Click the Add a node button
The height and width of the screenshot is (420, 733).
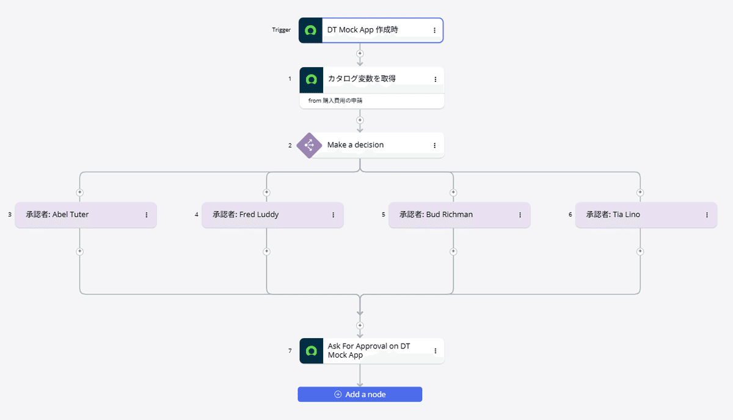[x=360, y=394]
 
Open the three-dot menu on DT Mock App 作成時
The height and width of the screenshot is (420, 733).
[x=434, y=30]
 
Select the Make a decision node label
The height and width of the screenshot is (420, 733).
[x=356, y=145]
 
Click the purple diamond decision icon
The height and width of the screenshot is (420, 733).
[x=309, y=146]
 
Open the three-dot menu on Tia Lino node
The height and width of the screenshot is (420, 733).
[x=707, y=215]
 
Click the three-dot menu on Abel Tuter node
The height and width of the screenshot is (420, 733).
[x=147, y=215]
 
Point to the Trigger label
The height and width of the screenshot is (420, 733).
[x=282, y=30]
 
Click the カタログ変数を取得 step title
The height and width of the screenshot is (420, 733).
[x=362, y=79]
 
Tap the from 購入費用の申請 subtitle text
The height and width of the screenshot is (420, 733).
[x=339, y=100]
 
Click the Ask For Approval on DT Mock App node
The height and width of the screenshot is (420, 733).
[x=369, y=351]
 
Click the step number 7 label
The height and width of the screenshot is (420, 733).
[x=290, y=351]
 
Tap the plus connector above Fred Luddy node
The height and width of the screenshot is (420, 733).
[x=266, y=192]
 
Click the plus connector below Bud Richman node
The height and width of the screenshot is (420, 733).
[x=453, y=251]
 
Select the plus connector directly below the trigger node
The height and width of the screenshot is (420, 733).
[x=360, y=53]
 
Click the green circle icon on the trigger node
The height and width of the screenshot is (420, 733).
[x=311, y=30]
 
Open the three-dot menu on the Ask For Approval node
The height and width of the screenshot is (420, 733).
[x=435, y=351]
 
